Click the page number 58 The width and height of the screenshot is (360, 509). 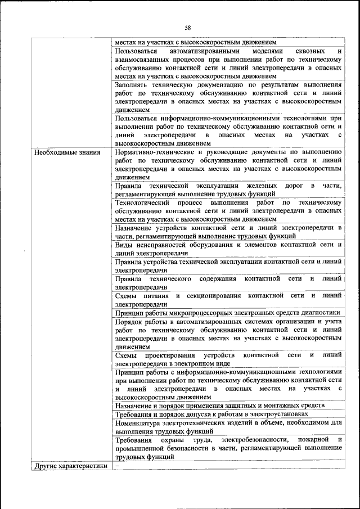click(188, 27)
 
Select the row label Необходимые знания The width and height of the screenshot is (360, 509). click(67, 152)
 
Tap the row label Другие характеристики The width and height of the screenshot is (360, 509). click(71, 466)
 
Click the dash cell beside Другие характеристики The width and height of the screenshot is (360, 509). click(118, 466)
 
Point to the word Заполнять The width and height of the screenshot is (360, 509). click(132, 84)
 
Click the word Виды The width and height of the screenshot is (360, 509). click(124, 245)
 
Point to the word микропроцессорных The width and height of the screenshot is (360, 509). click(214, 313)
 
